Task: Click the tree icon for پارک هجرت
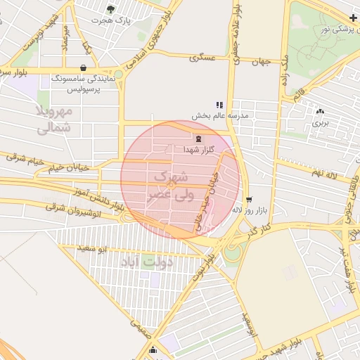point(110,8)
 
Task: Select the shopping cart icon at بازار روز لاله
point(249,200)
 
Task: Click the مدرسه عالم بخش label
point(219,114)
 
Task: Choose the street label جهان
point(261,62)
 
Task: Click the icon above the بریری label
point(321,111)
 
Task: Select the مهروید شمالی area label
point(53,119)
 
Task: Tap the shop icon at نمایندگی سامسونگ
point(84,68)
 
